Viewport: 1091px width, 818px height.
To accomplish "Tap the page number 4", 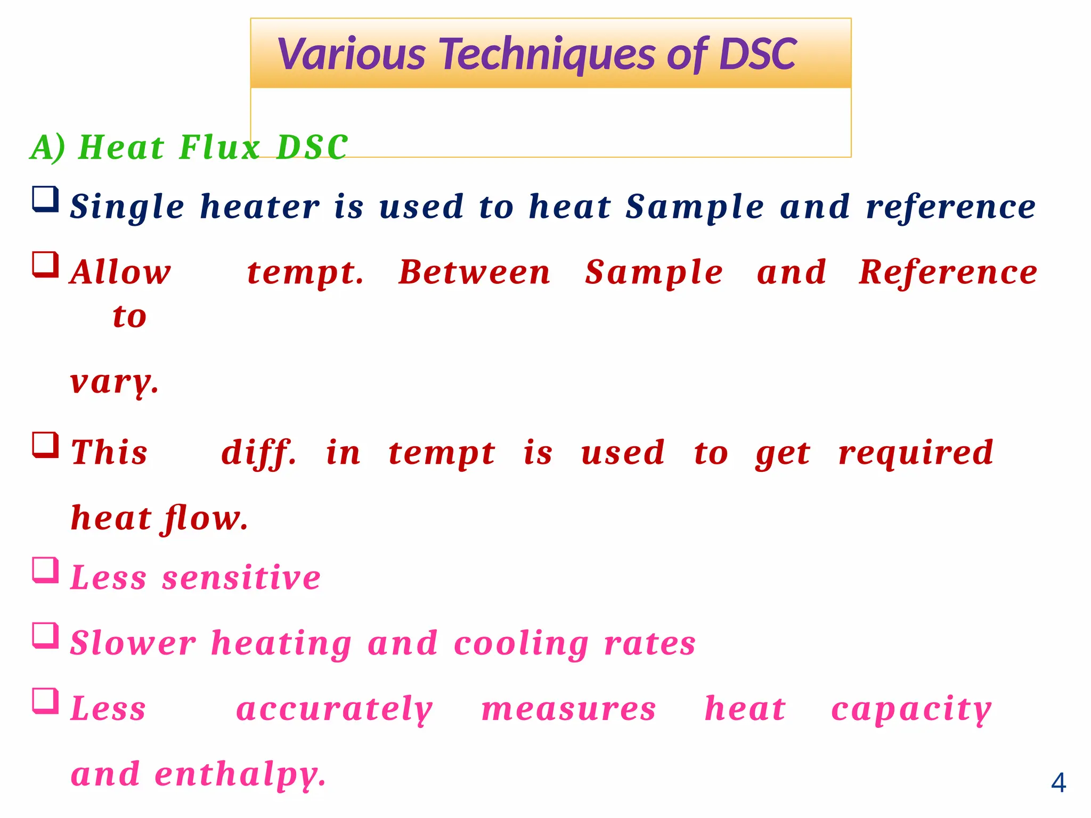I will [1058, 783].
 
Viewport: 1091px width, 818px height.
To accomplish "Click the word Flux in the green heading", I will [219, 147].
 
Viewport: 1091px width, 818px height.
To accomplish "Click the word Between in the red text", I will [474, 273].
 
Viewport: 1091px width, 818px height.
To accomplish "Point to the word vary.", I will [114, 382].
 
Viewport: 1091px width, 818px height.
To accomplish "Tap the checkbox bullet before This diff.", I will [45, 445].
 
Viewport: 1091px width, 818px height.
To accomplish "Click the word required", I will [915, 453].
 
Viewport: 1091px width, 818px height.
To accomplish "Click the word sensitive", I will [241, 578].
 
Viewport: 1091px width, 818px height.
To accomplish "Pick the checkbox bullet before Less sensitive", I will [45, 570].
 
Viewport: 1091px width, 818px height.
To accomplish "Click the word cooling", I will [521, 643].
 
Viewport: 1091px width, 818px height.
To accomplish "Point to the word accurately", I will [334, 710].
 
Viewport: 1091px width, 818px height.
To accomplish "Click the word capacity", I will [911, 710].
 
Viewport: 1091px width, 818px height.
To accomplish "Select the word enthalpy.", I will [240, 775].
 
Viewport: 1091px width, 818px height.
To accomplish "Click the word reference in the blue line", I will [951, 207].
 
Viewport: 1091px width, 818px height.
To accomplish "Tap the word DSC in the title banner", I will [757, 55].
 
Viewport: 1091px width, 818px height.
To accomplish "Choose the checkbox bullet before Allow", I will [45, 265].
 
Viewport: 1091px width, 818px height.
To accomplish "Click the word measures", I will [568, 710].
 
